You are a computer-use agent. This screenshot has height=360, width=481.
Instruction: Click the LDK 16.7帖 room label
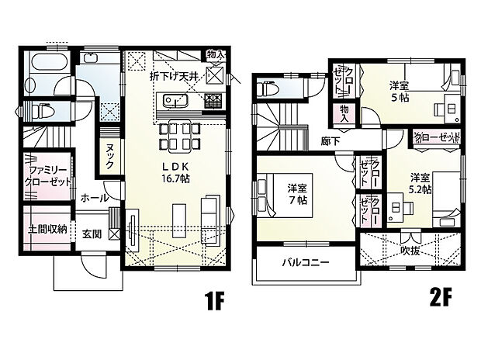coord(177,172)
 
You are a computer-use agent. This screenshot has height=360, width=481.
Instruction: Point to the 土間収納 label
coord(47,229)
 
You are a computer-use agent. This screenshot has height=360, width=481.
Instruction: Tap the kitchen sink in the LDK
coord(175,101)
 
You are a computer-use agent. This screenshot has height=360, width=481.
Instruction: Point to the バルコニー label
coord(305,262)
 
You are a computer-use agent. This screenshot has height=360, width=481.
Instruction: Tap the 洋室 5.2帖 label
coord(420,182)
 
